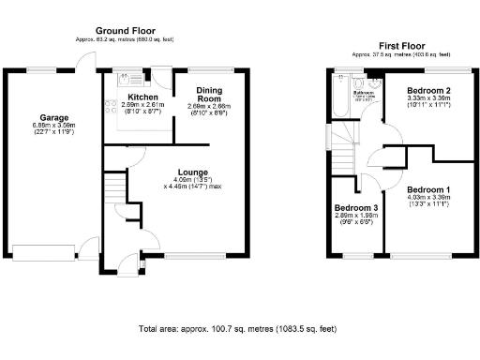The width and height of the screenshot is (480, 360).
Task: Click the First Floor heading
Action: [x=400, y=45]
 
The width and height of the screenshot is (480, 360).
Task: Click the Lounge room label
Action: [x=191, y=171]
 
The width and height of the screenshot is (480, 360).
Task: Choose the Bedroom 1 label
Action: [x=427, y=189]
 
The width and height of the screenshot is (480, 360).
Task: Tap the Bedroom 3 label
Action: [x=356, y=207]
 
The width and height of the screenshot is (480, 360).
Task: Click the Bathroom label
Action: [x=364, y=93]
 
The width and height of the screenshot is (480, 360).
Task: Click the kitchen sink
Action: [x=132, y=75]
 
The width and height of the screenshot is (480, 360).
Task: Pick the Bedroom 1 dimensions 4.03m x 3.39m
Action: [x=427, y=201]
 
